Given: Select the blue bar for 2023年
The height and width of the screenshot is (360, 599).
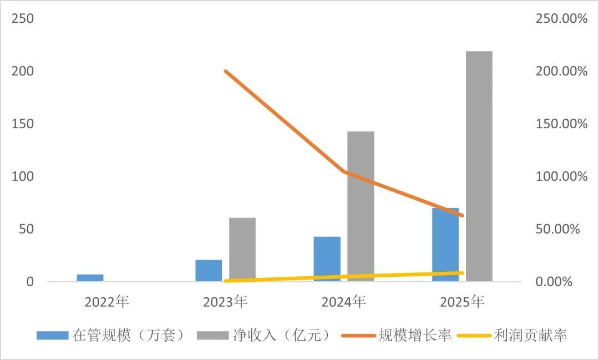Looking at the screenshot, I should (209, 271).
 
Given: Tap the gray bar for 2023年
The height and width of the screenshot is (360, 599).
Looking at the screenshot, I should (242, 250).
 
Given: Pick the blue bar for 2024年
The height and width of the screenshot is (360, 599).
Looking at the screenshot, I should (327, 259).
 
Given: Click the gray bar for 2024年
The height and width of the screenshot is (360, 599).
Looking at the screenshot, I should (361, 206).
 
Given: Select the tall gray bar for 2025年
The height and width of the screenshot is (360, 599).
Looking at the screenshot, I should (479, 166).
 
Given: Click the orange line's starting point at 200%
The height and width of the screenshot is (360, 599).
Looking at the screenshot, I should (225, 72).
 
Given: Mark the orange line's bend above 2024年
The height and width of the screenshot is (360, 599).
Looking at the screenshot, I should (344, 171).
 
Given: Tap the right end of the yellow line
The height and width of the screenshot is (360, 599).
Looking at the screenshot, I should (462, 273).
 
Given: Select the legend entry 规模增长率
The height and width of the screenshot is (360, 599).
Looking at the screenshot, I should (397, 335).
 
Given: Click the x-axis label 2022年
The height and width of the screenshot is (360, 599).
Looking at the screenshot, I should (106, 302).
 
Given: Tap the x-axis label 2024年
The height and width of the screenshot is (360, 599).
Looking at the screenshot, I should (343, 302).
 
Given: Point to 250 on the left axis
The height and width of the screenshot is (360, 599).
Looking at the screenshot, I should (23, 19).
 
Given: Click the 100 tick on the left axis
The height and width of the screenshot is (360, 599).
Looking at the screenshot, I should (23, 177).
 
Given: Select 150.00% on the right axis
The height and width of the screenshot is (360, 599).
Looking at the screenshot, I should (561, 124).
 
